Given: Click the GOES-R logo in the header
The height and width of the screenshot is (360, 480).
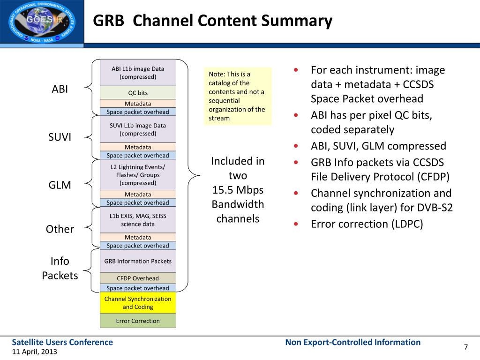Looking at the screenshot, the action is point(42,22).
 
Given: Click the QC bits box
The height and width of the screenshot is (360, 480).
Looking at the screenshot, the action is point(138,92).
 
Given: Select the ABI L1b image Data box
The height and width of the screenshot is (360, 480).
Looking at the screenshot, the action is point(138,73).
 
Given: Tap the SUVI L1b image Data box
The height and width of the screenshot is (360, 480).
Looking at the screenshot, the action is point(138,129).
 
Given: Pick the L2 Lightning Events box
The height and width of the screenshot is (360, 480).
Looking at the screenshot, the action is point(138,175).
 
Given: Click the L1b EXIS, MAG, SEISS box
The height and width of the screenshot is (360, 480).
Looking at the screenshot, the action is point(138,220).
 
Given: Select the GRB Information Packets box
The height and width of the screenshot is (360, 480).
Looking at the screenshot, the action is point(138,261).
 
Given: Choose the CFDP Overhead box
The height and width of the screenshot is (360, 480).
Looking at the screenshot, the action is point(138,278).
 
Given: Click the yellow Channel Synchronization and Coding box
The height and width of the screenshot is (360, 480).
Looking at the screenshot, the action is point(138,303).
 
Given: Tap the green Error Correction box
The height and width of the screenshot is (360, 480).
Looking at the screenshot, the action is point(138,321).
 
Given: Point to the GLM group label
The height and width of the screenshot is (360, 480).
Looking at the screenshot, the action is point(60,185).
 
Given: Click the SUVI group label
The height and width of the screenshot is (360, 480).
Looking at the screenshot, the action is point(60,137).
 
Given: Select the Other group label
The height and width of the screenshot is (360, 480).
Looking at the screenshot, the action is point(60,229).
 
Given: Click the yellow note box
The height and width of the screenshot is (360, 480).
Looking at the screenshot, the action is point(238,96).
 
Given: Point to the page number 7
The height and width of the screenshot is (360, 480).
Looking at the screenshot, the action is point(466,347).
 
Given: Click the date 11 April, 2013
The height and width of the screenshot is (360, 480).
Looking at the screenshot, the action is point(35,352).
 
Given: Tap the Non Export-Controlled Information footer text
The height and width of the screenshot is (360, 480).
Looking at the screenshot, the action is point(353,342).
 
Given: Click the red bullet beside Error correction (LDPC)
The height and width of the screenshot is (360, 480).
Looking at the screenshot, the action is point(296,224).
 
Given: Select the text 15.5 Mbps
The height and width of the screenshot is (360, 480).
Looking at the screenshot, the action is point(238,190).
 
